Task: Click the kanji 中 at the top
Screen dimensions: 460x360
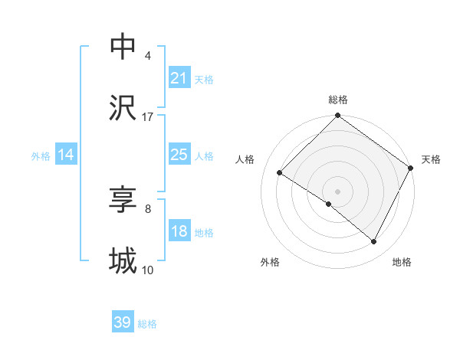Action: [x=123, y=47]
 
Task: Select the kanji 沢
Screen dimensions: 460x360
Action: [x=123, y=107]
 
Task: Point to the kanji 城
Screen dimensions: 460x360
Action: [x=123, y=261]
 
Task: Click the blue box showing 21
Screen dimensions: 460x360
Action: [x=179, y=78]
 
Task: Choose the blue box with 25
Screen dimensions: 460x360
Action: [x=179, y=155]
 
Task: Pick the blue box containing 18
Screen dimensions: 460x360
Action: [x=179, y=232]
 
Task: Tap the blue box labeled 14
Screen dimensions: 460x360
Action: [x=66, y=155]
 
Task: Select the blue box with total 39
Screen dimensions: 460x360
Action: [x=123, y=322]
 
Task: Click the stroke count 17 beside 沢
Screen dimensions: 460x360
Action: [x=148, y=116]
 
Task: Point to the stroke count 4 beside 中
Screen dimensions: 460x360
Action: [x=148, y=56]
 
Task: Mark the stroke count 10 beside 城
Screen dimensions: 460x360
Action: [x=148, y=270]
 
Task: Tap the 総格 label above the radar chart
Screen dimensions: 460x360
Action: [x=338, y=100]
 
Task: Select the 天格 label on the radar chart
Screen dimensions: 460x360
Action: [x=431, y=159]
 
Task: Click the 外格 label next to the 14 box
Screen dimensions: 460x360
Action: [x=41, y=155]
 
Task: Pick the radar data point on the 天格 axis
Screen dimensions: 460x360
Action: [x=411, y=168]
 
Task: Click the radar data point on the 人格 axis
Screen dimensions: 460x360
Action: [x=280, y=172]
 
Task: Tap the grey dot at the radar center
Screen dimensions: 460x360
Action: [x=338, y=191]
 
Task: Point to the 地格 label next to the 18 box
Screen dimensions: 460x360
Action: [x=204, y=233]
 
